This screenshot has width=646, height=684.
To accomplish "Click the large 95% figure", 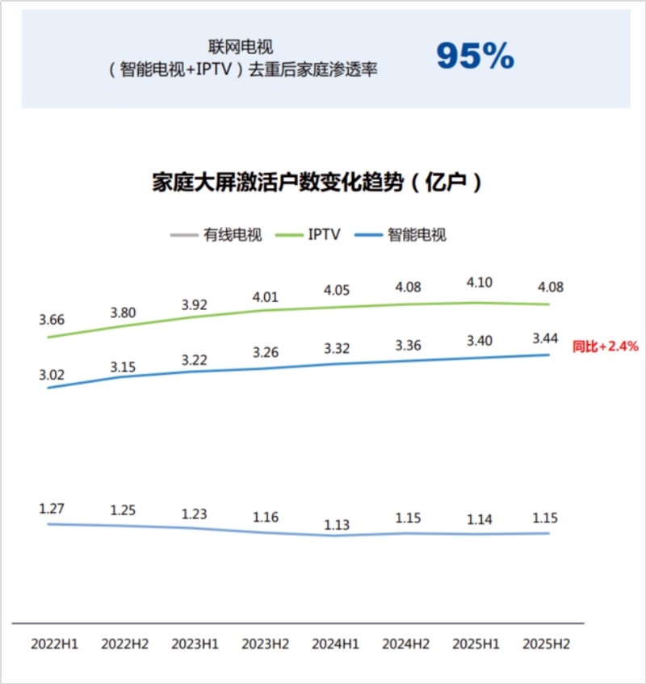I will (x=475, y=57).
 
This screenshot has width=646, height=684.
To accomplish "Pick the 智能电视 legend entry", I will (x=417, y=235).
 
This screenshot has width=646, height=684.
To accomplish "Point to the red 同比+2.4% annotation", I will (x=606, y=346).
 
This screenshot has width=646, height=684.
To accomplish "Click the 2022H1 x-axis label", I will (x=55, y=644).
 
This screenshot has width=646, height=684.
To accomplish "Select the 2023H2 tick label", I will (x=266, y=644).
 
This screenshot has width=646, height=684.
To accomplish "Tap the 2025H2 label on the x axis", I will (x=547, y=644).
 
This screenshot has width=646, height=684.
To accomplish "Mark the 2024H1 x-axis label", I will (x=336, y=644).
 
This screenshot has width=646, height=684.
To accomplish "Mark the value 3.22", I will (x=195, y=356).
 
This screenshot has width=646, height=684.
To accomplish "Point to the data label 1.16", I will (x=266, y=516).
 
